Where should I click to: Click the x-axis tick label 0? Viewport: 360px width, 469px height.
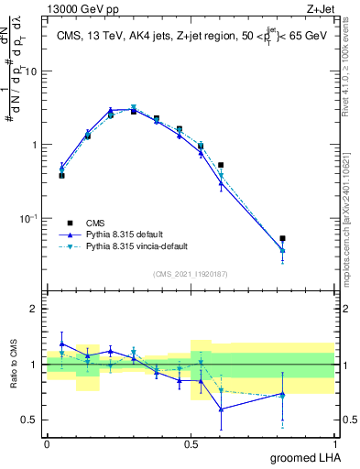pos(47,442)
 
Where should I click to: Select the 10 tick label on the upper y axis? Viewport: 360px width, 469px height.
pos(33,71)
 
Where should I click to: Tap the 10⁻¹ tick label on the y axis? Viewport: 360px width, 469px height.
pos(31,219)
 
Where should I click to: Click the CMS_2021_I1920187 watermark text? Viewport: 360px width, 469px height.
pos(191,274)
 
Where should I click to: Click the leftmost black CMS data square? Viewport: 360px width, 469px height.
pos(61,175)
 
